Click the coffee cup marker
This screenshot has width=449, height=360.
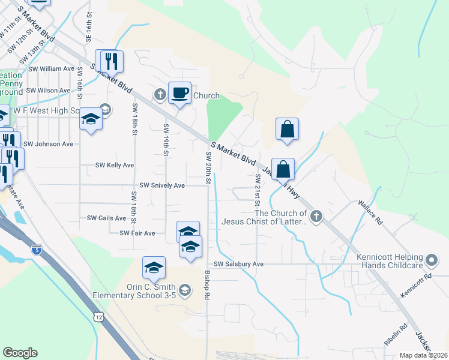click(x=180, y=93)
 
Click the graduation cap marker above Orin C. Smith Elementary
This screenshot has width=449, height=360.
click(x=154, y=268)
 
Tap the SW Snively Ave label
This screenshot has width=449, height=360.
click(x=162, y=186)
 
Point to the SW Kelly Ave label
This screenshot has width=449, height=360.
click(x=115, y=165)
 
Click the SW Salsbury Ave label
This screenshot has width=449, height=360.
click(x=239, y=264)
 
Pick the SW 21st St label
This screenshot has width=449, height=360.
click(x=257, y=187)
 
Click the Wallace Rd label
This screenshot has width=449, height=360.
click(x=371, y=212)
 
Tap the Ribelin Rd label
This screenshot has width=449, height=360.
click(x=396, y=334)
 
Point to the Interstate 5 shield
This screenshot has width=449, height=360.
click(x=37, y=247)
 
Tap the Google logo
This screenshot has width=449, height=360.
click(x=20, y=353)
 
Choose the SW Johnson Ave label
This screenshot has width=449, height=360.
click(x=48, y=144)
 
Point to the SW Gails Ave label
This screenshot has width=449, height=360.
click(x=105, y=218)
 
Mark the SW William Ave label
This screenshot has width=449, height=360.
click(x=51, y=69)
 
